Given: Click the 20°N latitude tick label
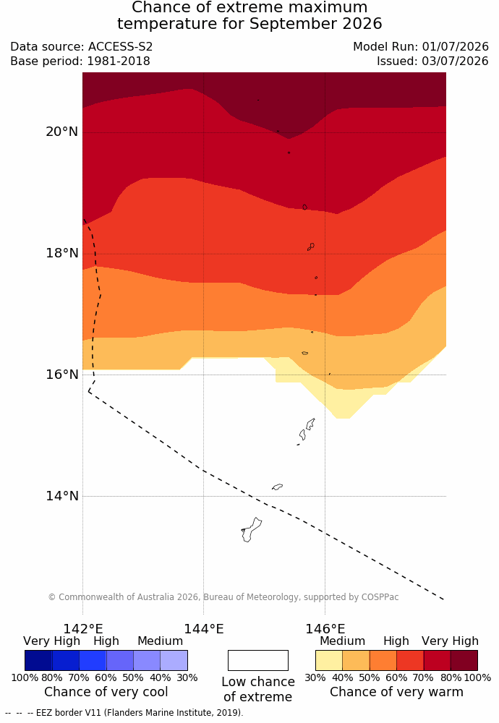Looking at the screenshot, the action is [x=61, y=132].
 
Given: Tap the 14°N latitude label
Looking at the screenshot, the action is [x=61, y=496].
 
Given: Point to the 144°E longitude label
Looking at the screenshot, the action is [x=204, y=629].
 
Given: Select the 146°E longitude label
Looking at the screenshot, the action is [x=325, y=629].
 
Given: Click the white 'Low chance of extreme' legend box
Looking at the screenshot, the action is [x=257, y=660].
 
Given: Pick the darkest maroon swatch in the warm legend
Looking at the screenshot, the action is [x=464, y=660].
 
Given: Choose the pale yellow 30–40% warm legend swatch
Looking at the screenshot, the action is [x=329, y=660].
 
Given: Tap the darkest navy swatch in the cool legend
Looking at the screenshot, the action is [x=38, y=660].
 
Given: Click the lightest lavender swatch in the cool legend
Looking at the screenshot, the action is [x=174, y=660].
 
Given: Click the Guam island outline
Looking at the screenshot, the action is [x=251, y=530].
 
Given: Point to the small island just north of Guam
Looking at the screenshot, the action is [x=277, y=487].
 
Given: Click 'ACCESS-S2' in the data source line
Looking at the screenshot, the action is [x=120, y=46].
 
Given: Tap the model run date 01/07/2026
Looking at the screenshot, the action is [x=455, y=46].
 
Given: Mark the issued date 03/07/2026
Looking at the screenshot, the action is [x=455, y=61].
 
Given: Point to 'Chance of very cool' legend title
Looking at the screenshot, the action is [x=106, y=692].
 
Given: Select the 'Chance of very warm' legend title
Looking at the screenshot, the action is [x=396, y=692].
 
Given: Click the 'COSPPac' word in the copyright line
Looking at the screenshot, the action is [x=380, y=597].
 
